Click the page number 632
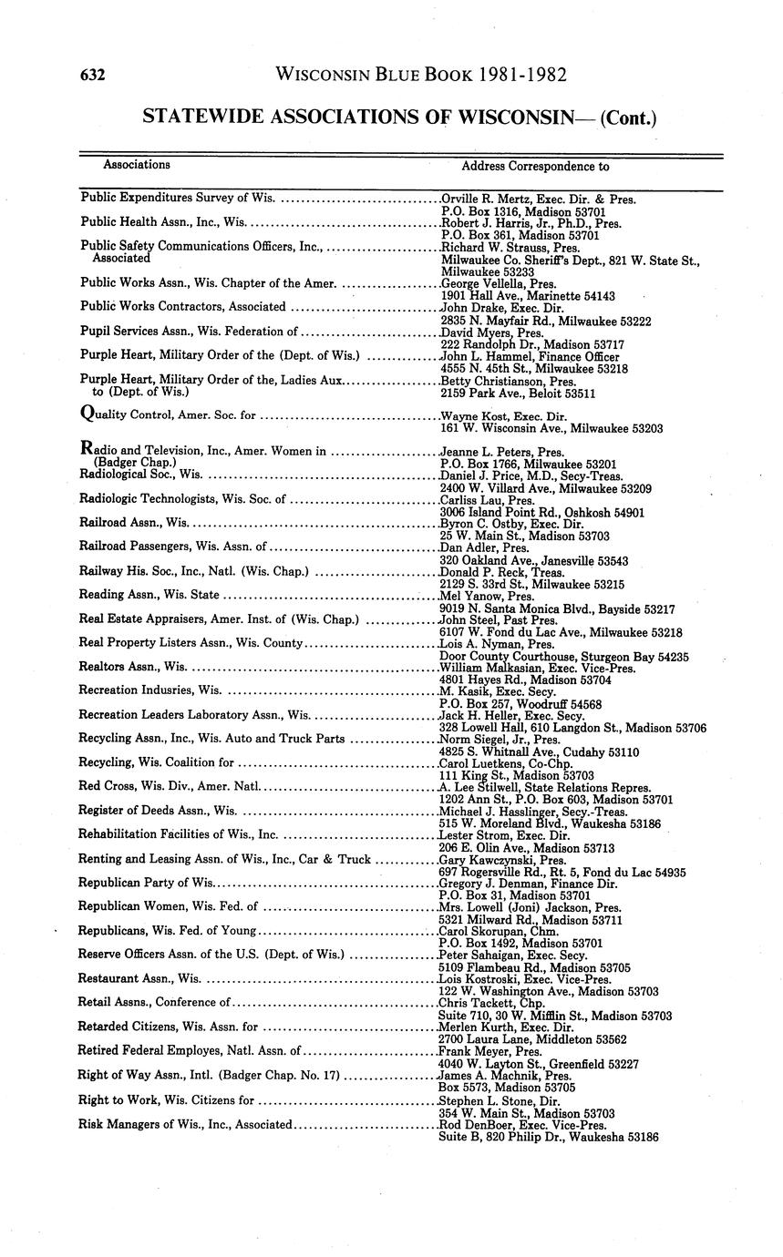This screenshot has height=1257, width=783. point(93,75)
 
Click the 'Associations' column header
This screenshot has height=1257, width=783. point(136,165)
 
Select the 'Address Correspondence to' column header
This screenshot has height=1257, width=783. point(535,167)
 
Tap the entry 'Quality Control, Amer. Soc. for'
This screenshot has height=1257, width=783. point(169,416)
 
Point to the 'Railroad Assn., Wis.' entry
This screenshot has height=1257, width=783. point(134,523)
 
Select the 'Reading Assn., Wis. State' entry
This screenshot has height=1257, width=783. point(149,595)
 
